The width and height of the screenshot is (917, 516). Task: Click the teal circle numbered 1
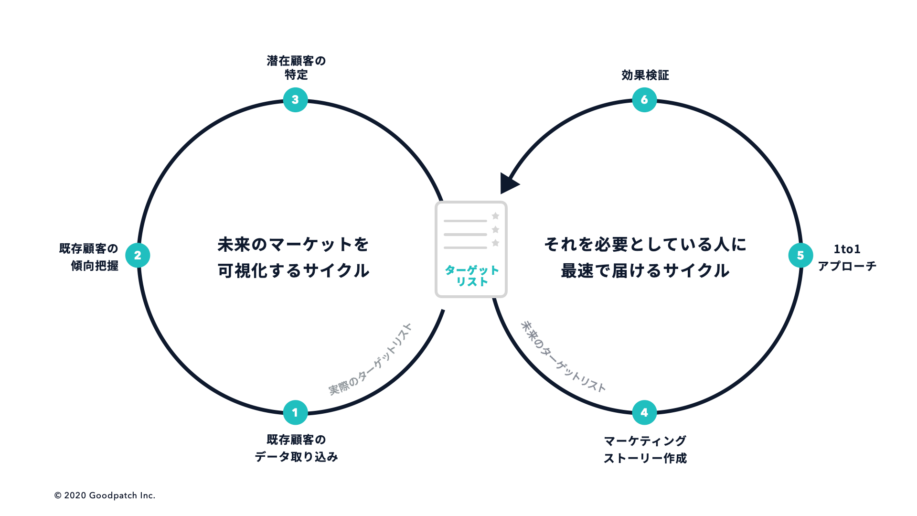point(295,412)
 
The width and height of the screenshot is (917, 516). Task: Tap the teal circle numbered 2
point(138,256)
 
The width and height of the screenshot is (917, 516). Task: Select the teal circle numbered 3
point(295,100)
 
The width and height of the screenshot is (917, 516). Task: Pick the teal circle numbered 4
point(644,412)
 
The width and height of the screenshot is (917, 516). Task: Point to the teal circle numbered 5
point(800,256)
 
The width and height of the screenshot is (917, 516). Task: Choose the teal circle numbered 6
point(644,100)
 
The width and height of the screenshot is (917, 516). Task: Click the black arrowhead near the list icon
point(508,183)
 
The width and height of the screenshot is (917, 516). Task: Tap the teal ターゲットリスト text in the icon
point(471,276)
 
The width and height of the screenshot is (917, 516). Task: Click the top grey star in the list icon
point(495,216)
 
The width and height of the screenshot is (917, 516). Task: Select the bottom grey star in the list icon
point(495,243)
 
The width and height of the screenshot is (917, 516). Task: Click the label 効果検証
point(645,75)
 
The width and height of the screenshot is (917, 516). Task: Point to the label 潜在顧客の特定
point(296,68)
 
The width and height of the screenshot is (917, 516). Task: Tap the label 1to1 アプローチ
point(847,258)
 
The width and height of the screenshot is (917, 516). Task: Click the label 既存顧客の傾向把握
point(89,257)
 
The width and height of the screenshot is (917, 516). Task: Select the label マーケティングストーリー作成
point(645,449)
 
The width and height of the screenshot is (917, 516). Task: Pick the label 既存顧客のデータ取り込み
point(296,448)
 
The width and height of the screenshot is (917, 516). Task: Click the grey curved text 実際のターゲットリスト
point(370,359)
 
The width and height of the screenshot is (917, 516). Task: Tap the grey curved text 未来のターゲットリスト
point(563,356)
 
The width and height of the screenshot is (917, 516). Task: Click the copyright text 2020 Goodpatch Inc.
point(105,495)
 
